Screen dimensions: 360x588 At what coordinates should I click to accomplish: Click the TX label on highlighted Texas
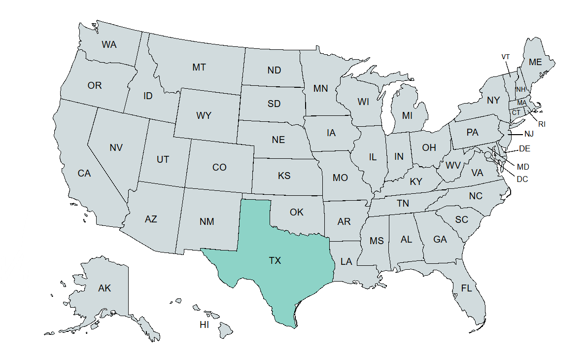click(275, 260)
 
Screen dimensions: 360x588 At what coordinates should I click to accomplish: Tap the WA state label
click(109, 45)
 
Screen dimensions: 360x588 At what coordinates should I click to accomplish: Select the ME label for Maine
click(535, 62)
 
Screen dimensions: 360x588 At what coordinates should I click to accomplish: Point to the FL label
click(466, 288)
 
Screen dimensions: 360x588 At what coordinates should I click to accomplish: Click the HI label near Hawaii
click(204, 324)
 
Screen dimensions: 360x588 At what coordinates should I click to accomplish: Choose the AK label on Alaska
click(104, 288)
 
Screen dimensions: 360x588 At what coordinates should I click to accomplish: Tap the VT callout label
click(506, 57)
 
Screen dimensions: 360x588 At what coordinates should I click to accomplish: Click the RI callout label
click(542, 124)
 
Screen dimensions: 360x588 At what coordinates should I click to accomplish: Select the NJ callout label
click(529, 134)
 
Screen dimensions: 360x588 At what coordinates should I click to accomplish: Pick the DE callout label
click(524, 148)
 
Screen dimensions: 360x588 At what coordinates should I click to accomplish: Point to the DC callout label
click(522, 179)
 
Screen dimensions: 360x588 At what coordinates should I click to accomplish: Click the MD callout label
click(523, 167)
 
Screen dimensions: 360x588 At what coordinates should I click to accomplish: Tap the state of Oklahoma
click(297, 213)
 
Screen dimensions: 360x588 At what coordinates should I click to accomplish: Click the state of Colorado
click(219, 168)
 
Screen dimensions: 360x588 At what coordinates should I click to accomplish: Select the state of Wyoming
click(204, 116)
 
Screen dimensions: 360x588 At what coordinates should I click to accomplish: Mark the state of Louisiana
click(346, 262)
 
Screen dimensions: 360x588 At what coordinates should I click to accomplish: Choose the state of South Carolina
click(462, 220)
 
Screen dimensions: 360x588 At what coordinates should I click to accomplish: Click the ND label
click(274, 71)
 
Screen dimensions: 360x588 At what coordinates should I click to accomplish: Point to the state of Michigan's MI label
click(407, 116)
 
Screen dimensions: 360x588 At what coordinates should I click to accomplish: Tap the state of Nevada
click(116, 147)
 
